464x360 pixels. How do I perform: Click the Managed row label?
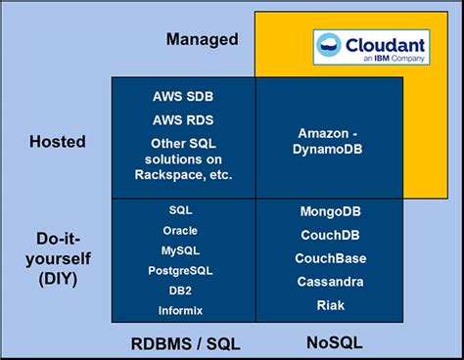tap(203, 39)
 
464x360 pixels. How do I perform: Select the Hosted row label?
tap(56, 142)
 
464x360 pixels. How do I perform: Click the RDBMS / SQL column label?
tap(185, 343)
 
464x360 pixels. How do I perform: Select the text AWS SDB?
tap(183, 98)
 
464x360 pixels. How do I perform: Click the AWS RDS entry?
tap(183, 120)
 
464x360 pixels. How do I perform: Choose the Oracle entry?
tap(182, 231)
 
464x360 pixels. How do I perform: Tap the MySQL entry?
tap(182, 250)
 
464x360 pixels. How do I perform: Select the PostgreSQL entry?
tap(182, 270)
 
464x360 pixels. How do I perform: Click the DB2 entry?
tap(182, 291)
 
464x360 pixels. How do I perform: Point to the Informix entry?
tap(182, 311)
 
